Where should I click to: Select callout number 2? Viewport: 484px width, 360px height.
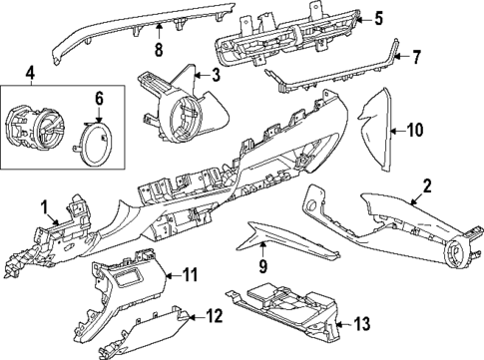(426, 184)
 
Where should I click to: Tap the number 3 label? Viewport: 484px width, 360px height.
(215, 75)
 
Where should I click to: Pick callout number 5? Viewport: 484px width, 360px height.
(378, 17)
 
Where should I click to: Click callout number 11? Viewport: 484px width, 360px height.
(191, 273)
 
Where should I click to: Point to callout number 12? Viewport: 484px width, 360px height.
(213, 316)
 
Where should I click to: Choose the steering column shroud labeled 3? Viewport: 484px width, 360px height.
(180, 95)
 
